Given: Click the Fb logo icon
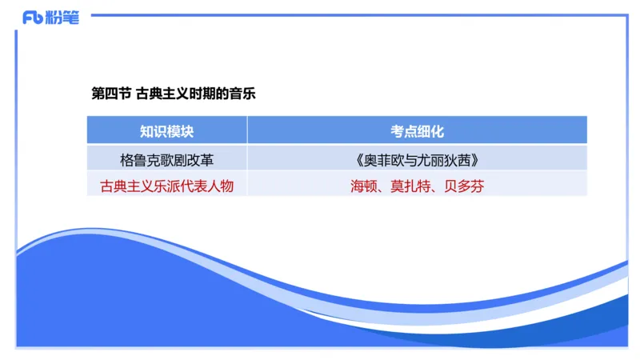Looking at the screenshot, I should [x=33, y=18].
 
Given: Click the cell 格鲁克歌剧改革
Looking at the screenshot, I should [x=166, y=159].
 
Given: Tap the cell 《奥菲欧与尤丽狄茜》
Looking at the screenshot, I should [x=417, y=159].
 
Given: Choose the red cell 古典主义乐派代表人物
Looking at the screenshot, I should [x=166, y=186].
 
